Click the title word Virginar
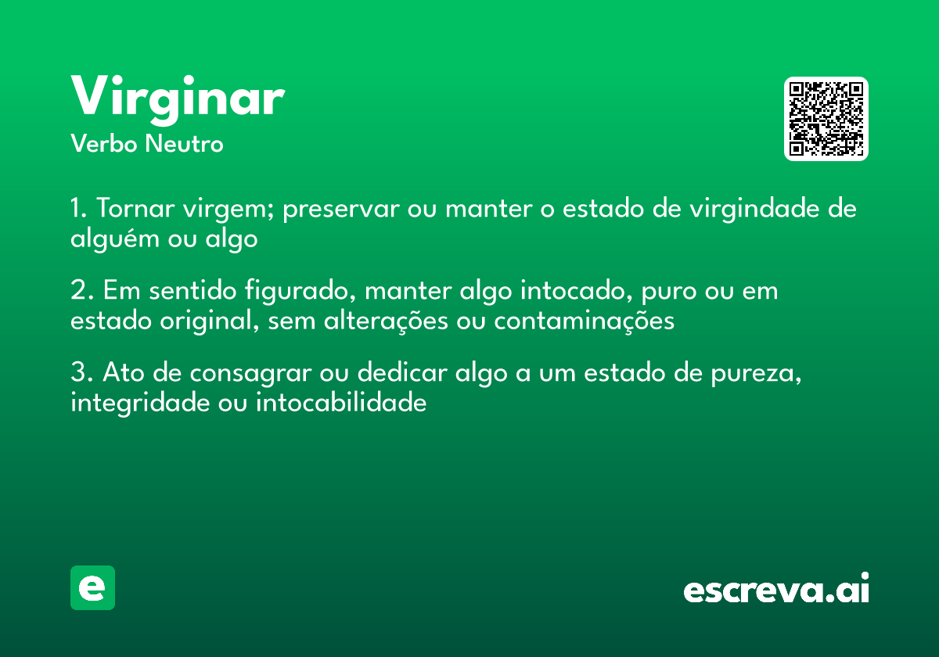pyautogui.click(x=178, y=98)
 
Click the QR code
pyautogui.click(x=826, y=119)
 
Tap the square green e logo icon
pyautogui.click(x=92, y=587)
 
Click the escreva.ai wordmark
pyautogui.click(x=776, y=590)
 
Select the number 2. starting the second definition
pyautogui.click(x=81, y=292)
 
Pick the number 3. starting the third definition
pyautogui.click(x=81, y=374)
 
